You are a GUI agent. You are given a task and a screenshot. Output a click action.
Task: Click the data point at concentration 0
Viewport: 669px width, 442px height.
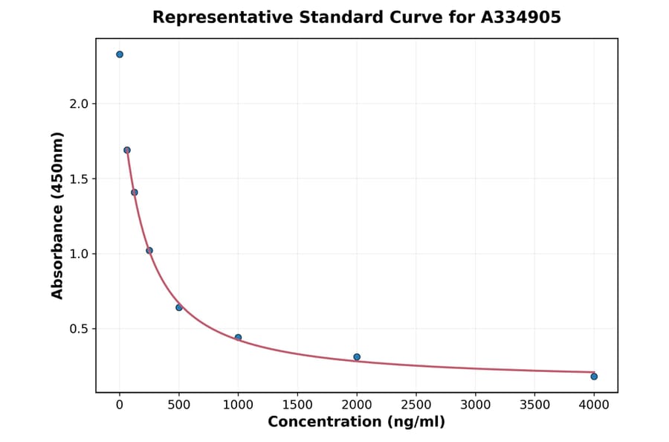[x=120, y=54]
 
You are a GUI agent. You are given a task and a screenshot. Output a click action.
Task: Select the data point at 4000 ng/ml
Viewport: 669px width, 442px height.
[x=594, y=377]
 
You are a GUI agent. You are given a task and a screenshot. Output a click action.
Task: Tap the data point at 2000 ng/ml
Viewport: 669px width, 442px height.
[x=357, y=357]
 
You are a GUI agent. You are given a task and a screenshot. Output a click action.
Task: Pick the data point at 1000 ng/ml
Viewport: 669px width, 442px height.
[x=238, y=338]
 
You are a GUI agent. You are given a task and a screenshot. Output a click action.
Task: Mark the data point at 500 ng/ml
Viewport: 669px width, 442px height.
[x=179, y=307]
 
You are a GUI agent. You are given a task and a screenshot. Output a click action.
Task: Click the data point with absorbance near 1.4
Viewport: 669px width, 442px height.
[x=135, y=192]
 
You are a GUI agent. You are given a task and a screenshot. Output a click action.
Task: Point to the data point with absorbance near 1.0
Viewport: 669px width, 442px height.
[x=149, y=251]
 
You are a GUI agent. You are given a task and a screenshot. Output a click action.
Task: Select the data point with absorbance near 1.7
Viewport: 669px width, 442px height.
[x=127, y=150]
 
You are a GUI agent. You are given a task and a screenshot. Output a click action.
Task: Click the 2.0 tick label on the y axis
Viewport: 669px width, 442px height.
[x=79, y=104]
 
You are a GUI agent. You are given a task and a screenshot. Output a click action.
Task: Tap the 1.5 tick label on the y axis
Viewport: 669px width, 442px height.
[x=79, y=179]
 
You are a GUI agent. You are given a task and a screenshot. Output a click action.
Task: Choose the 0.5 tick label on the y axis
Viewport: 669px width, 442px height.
[x=79, y=329]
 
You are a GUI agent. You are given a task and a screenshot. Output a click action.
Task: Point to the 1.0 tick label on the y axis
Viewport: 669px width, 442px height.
[x=79, y=254]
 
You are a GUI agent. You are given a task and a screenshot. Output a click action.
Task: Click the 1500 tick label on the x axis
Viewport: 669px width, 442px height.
[x=297, y=405]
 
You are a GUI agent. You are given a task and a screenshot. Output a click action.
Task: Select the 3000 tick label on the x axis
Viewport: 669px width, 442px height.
[x=476, y=405]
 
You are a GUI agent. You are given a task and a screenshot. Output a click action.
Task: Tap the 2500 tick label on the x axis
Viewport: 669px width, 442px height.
[x=416, y=405]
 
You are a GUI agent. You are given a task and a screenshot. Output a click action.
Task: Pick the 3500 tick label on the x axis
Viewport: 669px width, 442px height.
[x=535, y=405]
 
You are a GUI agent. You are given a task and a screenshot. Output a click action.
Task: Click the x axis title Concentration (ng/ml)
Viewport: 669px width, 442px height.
[x=357, y=423]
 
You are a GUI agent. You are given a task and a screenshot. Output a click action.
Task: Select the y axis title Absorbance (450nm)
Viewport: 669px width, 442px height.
[x=58, y=215]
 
